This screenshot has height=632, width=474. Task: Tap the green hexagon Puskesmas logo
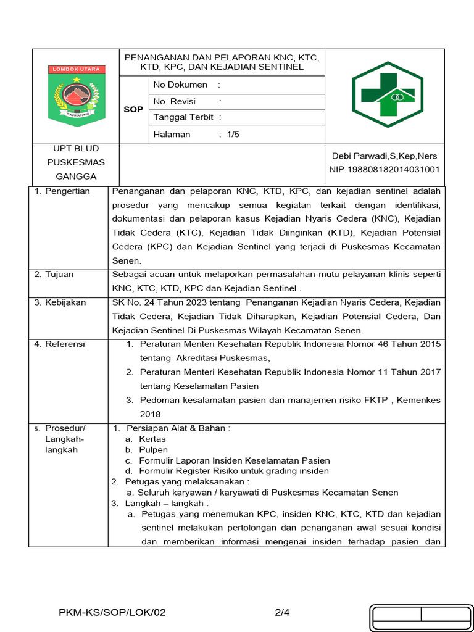click(387, 94)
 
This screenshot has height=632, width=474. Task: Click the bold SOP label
click(133, 109)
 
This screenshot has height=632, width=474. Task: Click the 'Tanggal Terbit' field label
click(183, 117)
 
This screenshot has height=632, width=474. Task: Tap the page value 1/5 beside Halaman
click(233, 134)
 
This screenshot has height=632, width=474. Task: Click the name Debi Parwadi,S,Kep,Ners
click(385, 156)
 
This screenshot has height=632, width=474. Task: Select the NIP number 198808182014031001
click(385, 169)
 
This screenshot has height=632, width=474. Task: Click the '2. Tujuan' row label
click(56, 274)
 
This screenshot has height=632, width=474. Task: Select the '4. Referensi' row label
click(60, 344)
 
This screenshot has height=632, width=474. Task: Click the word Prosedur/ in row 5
click(65, 428)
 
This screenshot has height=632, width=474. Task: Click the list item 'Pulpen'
click(152, 450)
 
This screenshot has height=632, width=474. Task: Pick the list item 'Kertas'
click(152, 439)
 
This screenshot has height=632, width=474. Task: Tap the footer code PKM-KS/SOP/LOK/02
click(112, 613)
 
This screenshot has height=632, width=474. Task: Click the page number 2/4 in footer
click(282, 613)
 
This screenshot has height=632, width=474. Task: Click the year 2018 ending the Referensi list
click(150, 414)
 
